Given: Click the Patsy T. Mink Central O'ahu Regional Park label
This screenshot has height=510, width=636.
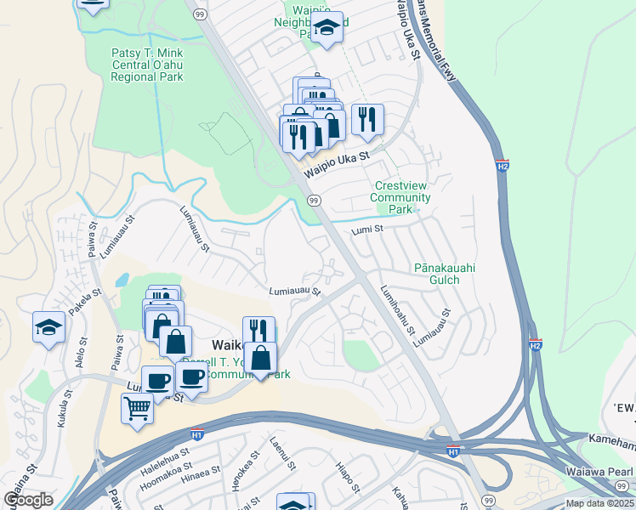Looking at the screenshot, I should point(147,65).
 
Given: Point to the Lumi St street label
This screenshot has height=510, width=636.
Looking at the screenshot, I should point(367,229).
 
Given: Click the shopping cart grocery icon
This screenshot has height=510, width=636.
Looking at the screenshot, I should point(138,409).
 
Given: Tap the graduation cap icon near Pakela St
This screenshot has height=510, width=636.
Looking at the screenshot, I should point(48,327).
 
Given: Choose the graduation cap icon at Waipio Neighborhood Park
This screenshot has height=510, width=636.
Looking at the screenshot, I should point(327,28).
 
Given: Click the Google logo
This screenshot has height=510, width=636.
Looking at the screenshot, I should point(29,499).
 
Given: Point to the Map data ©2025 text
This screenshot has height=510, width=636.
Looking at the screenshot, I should point(599,503).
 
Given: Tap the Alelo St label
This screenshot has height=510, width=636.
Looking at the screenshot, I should point(82,353).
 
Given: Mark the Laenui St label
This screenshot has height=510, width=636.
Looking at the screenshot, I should point(282,454).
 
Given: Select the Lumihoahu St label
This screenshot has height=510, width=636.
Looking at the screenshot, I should point(397,309).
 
